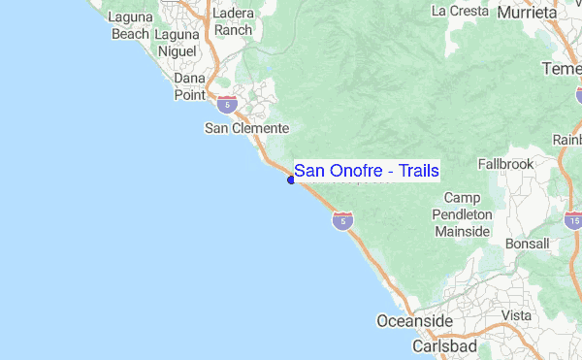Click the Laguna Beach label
pos(130,25)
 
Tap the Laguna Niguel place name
pos(178,25)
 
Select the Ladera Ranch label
pos(233,21)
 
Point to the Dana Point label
pos(190,85)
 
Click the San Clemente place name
pos(246,128)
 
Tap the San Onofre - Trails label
pos(367,171)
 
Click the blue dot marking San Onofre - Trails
pos(291,180)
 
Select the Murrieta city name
pos(528,13)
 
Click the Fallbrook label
pos(505,164)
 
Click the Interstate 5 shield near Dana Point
pos(227,104)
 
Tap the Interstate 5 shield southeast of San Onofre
pos(341,222)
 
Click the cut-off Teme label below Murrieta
pos(562,69)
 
